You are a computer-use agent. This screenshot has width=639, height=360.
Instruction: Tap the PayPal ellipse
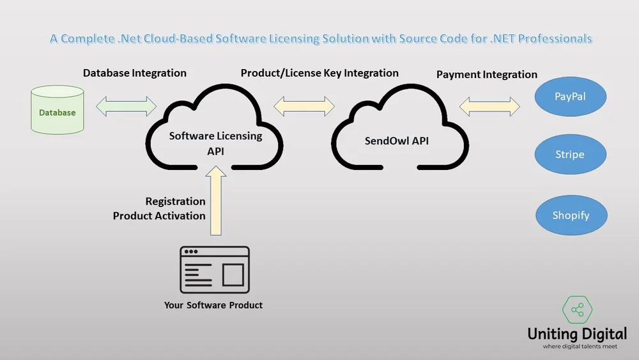(x=569, y=97)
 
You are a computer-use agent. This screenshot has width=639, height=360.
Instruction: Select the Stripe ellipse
(x=569, y=155)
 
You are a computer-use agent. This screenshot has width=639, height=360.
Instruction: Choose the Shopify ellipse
(x=571, y=215)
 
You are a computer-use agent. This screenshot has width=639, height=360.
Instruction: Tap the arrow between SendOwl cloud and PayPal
(x=489, y=106)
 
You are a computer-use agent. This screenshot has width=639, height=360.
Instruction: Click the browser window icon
(x=215, y=269)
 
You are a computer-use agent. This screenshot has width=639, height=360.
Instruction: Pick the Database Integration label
(x=135, y=73)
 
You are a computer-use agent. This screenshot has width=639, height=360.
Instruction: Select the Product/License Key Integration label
(x=319, y=73)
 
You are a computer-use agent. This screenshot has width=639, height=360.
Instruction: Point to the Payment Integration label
(x=486, y=75)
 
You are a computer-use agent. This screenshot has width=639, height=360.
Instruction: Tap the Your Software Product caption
(x=213, y=305)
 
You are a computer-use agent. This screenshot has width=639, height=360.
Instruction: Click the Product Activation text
(x=159, y=215)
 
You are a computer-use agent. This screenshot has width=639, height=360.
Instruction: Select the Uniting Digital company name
(x=577, y=334)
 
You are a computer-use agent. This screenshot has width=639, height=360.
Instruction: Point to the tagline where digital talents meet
(x=577, y=347)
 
